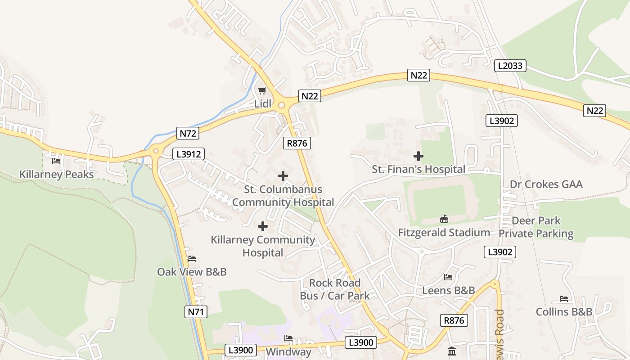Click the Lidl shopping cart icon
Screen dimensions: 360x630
pos(262,90)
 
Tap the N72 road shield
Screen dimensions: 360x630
pos(189,133)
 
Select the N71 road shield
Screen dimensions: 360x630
pos(196,312)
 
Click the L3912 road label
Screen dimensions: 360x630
pos(189,154)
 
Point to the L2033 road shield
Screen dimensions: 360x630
pos(510,66)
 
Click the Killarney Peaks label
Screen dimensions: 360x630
pos(57,174)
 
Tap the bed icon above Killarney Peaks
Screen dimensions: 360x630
pos(56,161)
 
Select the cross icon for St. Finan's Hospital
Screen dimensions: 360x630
pos(418,156)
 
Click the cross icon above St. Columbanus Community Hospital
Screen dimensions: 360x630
pos(283,176)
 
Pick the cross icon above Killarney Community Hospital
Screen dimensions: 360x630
pos(263,226)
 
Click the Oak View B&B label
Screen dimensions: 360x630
pos(192,272)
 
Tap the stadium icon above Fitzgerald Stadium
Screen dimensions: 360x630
pos(444,219)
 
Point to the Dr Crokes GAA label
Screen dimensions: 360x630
pos(546,184)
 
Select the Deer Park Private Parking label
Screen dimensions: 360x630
pos(536,227)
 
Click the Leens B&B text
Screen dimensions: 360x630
pos(448,290)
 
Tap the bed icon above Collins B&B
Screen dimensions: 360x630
pos(564,299)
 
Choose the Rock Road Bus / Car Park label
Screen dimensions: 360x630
pos(335,289)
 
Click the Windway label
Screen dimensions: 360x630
pos(288,351)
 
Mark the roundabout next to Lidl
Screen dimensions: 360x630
pos(282,105)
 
